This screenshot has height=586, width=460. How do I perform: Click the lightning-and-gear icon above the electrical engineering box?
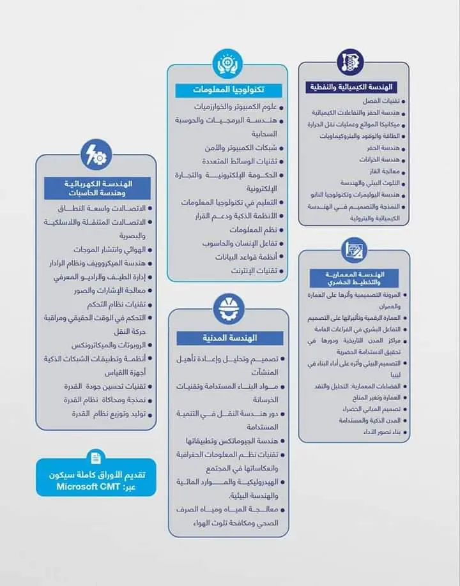(x=96, y=153)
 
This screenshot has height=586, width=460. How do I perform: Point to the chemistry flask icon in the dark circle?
(x=350, y=61)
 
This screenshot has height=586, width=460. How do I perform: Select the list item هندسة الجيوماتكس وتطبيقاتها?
(x=236, y=441)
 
